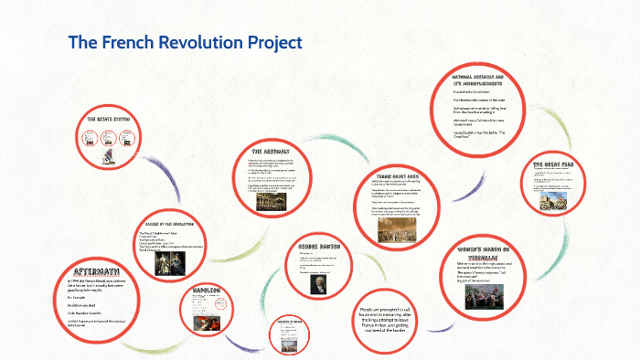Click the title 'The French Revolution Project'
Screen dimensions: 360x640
185,43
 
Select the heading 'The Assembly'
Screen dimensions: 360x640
272,150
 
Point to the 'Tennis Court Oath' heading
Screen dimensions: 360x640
396,175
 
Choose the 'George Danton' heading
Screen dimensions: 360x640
319,248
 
